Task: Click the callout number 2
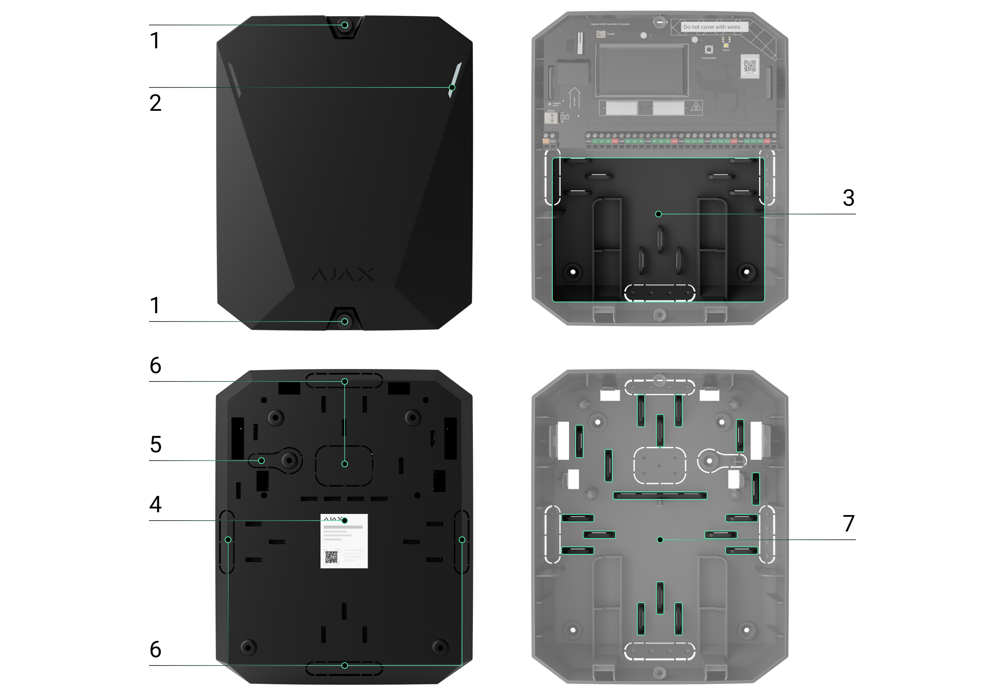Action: [x=155, y=103]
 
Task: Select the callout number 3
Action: [x=848, y=198]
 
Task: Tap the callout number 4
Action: [x=155, y=504]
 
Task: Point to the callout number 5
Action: [x=155, y=444]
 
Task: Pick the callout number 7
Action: [x=848, y=523]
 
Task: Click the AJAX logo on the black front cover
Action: [x=343, y=274]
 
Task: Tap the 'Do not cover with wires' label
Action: [x=711, y=27]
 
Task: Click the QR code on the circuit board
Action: [x=749, y=66]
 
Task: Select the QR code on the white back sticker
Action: [x=331, y=557]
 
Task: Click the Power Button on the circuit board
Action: [x=709, y=50]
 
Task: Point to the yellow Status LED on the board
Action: [x=726, y=45]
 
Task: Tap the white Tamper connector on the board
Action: [x=601, y=34]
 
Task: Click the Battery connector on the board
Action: [x=551, y=118]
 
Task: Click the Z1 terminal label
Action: [x=595, y=142]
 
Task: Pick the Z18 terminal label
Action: [x=760, y=142]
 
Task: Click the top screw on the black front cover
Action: [x=345, y=25]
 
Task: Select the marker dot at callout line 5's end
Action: [x=261, y=461]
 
